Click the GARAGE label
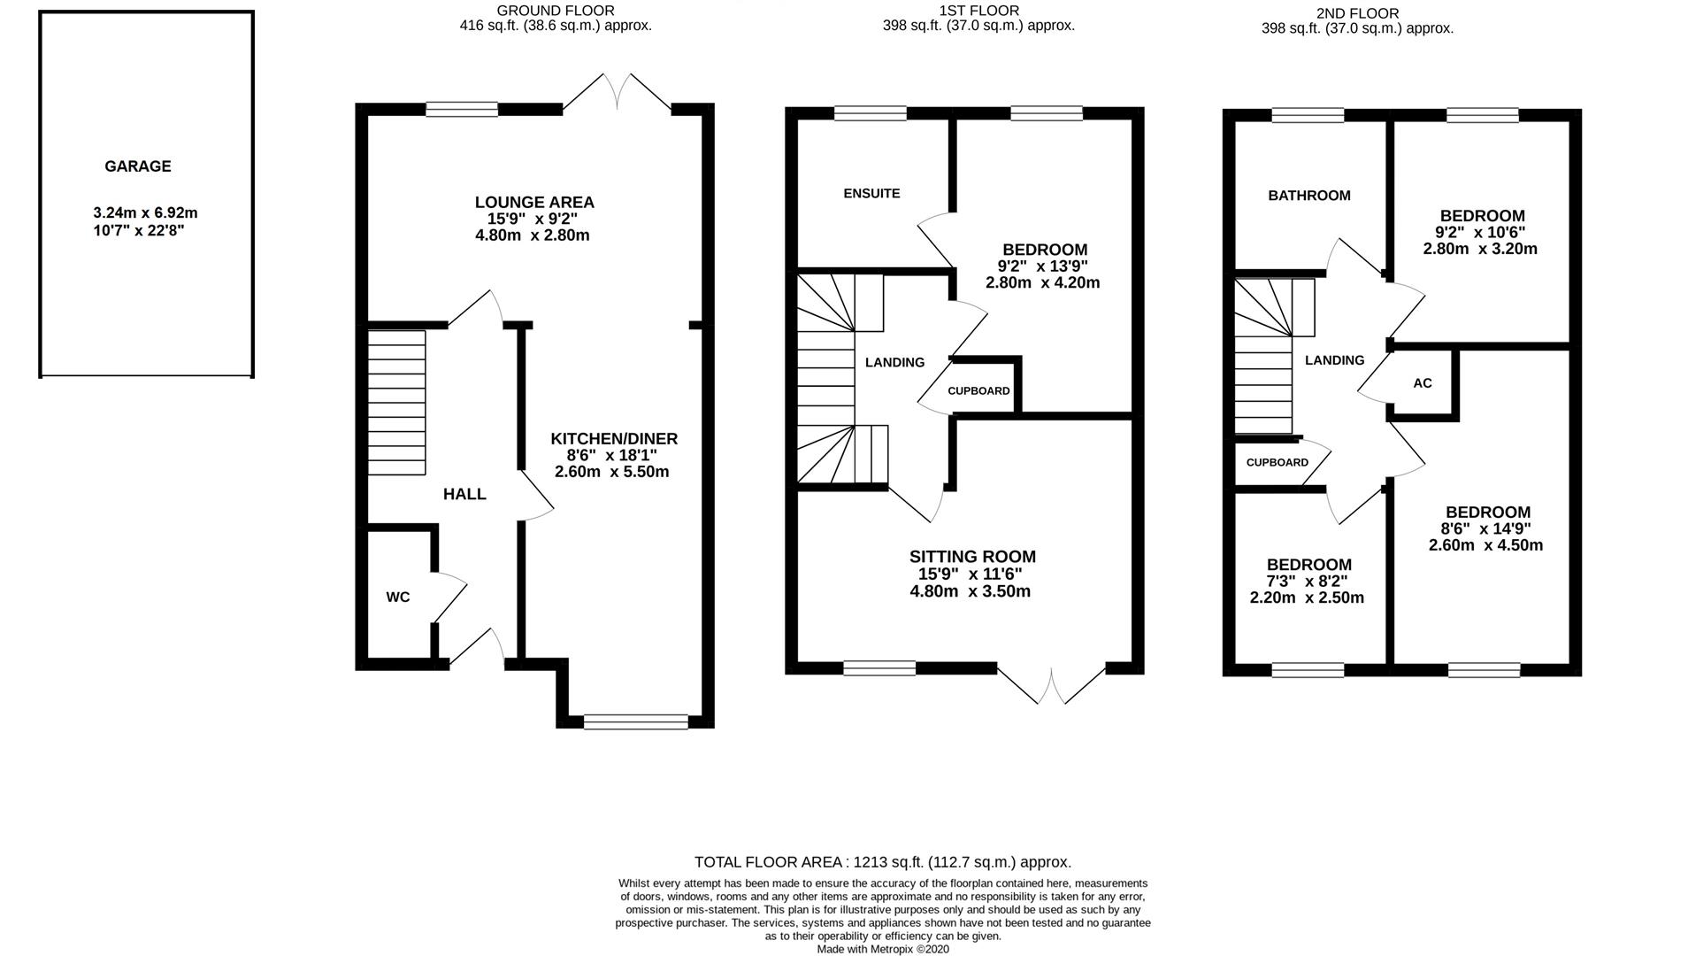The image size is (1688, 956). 137,166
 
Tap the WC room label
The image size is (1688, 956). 398,597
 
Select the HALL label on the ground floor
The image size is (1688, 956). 464,494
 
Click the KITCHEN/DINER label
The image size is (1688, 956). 614,439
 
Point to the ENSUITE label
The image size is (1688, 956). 871,193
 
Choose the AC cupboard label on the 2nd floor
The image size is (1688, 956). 1423,383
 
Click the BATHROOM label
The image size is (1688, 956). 1309,196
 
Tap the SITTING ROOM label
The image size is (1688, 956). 972,557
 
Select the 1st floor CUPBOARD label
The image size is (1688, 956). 978,390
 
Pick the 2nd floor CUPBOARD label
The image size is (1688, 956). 1278,462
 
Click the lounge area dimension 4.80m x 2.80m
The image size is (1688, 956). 533,235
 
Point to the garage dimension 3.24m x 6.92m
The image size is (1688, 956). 145,213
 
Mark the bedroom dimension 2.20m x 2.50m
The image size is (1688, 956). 1307,597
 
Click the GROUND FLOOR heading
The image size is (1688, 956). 555,11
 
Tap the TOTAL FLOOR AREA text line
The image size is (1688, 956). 883,862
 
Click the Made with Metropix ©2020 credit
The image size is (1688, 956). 883,949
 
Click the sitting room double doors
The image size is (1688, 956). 1052,684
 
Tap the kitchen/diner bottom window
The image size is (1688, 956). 636,722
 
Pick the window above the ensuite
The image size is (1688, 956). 871,113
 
